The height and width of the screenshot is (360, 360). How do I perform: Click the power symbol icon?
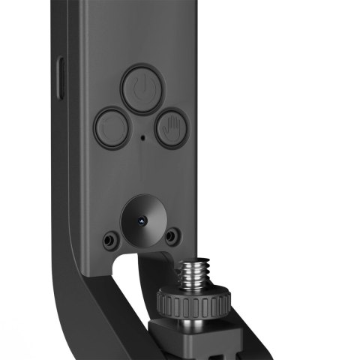click(x=138, y=88)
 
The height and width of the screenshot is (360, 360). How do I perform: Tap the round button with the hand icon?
click(x=172, y=129)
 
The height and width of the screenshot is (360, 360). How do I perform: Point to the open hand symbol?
click(x=172, y=129)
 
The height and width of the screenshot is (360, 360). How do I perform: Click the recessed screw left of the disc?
click(x=110, y=239)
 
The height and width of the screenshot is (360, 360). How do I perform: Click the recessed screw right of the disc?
click(x=172, y=237)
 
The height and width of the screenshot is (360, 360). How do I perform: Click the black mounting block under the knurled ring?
click(x=202, y=341)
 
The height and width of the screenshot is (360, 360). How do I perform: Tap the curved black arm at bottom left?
click(x=82, y=315)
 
